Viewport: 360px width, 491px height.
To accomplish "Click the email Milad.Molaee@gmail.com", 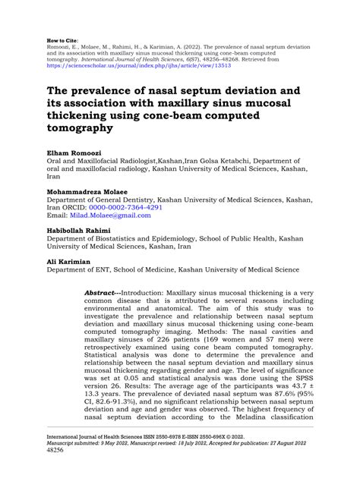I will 113,215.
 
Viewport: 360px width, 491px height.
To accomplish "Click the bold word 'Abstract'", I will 102,291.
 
